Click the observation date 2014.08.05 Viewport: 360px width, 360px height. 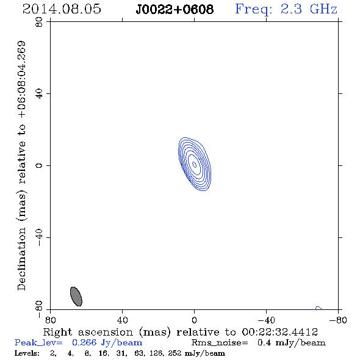coord(62,9)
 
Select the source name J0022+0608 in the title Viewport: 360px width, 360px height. coord(175,10)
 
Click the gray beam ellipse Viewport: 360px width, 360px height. coord(76,297)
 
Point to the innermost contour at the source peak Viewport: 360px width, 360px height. coord(194,165)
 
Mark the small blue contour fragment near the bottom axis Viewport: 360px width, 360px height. coord(319,308)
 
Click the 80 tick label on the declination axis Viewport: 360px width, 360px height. coord(39,22)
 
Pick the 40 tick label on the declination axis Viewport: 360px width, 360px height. coord(39,94)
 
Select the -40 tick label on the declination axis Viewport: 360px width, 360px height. coord(39,237)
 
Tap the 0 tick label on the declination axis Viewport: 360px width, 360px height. coord(39,165)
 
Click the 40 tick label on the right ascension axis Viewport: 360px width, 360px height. coord(122,320)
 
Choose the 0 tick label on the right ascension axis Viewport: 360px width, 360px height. coord(194,320)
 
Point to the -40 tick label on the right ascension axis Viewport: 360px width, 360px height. coord(266,320)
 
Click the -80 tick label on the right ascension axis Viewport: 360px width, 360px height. coord(338,320)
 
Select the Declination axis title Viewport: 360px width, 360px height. coord(21,165)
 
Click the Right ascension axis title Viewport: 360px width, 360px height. coord(181,332)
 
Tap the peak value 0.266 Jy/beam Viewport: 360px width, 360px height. coord(107,343)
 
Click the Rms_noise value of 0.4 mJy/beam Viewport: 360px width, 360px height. coord(292,343)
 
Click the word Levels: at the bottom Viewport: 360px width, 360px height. coord(27,353)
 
